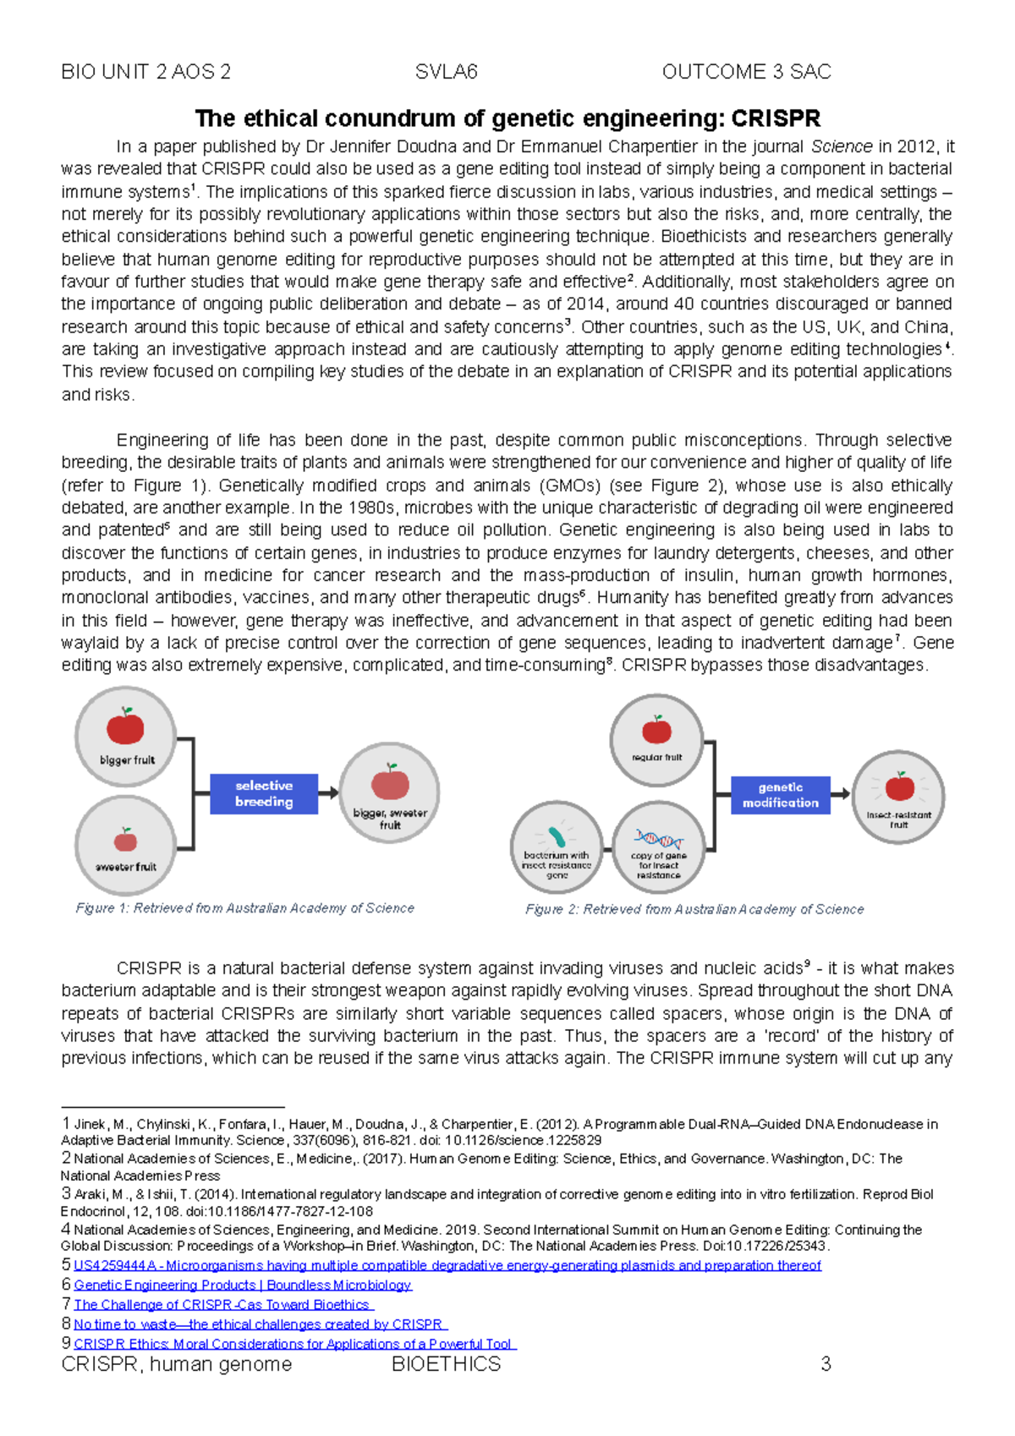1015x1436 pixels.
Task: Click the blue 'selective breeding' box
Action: click(264, 793)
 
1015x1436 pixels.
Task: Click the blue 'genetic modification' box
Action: click(780, 795)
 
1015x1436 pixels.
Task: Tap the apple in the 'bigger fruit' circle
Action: click(125, 726)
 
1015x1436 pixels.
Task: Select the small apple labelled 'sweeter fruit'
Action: click(125, 840)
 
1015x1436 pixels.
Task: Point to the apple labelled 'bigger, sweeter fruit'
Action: click(390, 782)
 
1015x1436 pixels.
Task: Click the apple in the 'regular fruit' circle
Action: click(656, 729)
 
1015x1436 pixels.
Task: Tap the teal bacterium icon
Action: click(556, 836)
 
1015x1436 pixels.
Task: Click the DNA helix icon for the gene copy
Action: click(659, 840)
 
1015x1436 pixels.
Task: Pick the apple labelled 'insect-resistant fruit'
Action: click(899, 787)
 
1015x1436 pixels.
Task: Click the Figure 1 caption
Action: click(245, 908)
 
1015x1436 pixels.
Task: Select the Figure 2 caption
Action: click(694, 909)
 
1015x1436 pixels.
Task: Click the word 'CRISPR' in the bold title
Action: click(776, 118)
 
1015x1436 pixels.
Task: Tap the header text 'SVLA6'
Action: click(447, 72)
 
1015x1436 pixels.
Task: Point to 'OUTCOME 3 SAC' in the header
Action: click(746, 72)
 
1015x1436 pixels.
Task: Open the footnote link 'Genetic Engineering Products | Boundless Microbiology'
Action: click(243, 1285)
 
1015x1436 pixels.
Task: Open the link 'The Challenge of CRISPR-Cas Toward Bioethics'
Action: click(222, 1305)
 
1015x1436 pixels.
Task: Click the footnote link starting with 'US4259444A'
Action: click(447, 1265)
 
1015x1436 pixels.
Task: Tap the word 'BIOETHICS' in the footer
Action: click(447, 1364)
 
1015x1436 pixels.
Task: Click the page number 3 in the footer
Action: click(826, 1364)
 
